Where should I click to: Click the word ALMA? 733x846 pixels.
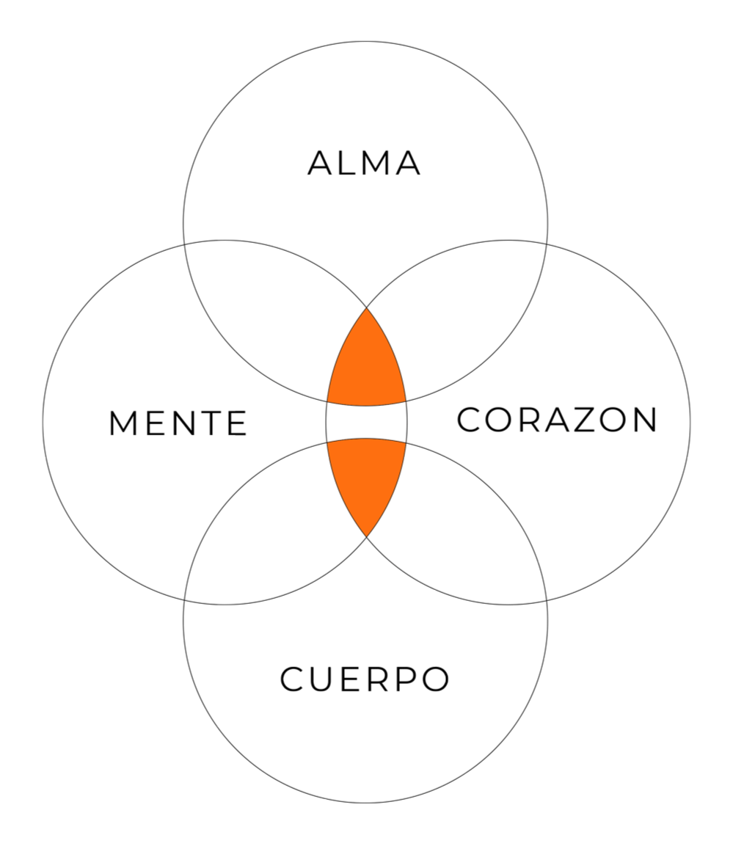point(365,163)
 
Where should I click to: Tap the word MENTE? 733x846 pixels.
point(178,423)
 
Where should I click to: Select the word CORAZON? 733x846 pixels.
point(557,420)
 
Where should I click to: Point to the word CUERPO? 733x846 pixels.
point(365,679)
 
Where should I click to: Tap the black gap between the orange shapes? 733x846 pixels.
point(366,422)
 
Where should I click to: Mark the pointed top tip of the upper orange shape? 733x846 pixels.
point(366,308)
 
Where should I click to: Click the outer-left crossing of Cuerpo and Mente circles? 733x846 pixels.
point(183,599)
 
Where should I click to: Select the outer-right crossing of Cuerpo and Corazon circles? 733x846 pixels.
point(547,599)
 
